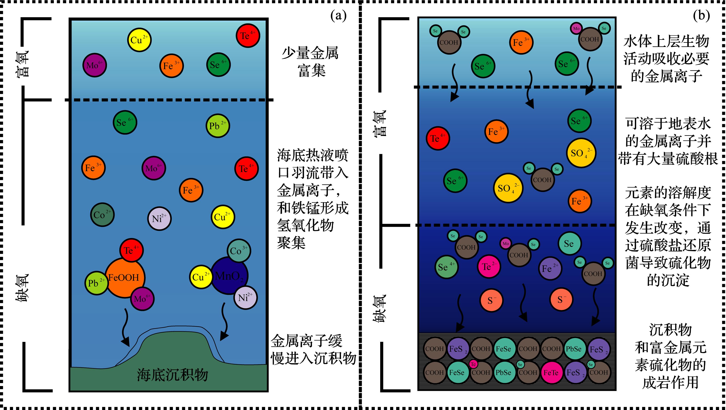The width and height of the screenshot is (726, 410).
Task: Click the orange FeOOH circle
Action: (125, 278)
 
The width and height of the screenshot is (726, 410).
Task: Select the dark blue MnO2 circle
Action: (229, 275)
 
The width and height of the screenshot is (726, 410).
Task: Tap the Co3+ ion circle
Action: (239, 251)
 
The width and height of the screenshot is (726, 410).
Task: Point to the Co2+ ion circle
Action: (102, 215)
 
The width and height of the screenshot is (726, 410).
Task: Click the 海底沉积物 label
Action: (172, 375)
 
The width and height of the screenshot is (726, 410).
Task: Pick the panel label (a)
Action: (338, 16)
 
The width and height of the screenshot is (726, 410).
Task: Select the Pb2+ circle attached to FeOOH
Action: (96, 283)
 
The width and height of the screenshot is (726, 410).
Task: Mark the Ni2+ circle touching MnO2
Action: (245, 298)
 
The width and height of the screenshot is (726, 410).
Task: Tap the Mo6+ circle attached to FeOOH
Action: (142, 299)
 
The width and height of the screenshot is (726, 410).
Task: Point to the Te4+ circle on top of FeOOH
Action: (131, 250)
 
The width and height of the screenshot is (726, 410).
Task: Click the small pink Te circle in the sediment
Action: (473, 364)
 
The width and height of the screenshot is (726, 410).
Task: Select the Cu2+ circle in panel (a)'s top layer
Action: (139, 40)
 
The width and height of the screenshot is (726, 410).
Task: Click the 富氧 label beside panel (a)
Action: (22, 64)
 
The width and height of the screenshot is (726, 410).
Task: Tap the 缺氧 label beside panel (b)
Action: (379, 308)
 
